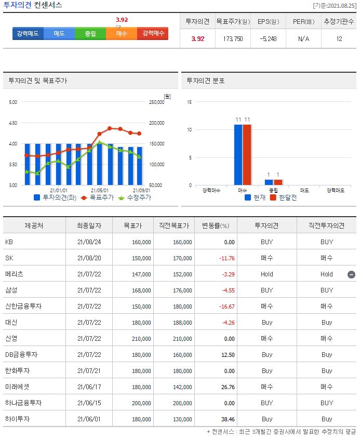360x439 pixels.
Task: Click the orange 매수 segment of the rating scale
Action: click(122, 33)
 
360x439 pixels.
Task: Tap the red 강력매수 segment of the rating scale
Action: click(153, 33)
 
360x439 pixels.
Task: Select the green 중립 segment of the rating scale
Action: click(90, 33)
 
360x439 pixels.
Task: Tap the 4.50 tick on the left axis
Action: click(12, 123)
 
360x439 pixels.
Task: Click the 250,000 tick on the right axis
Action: click(156, 102)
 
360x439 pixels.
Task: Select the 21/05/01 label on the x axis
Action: click(100, 190)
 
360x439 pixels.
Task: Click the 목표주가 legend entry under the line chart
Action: click(98, 198)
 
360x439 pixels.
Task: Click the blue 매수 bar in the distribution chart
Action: click(238, 154)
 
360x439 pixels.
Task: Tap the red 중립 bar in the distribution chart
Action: click(278, 182)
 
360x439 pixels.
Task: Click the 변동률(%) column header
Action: click(215, 226)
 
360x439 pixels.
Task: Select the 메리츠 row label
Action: click(14, 274)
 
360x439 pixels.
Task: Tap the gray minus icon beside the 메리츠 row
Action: click(351, 274)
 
